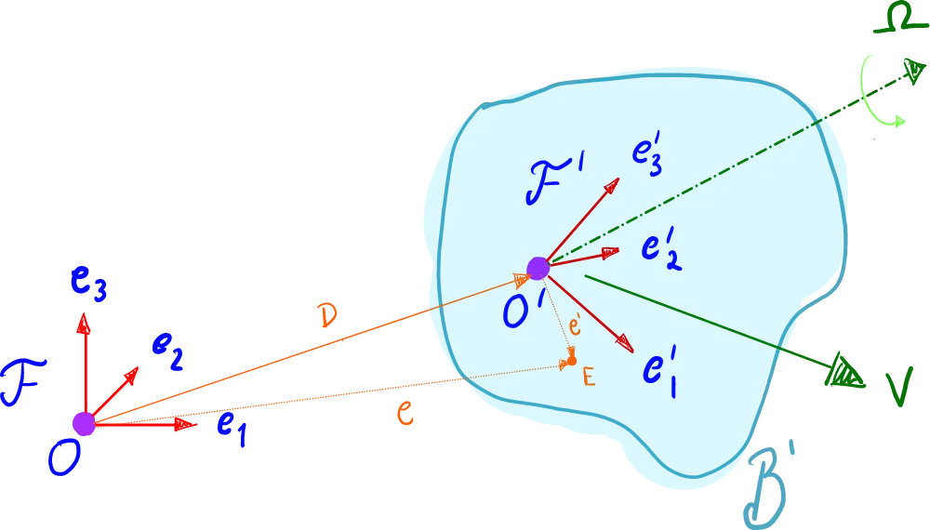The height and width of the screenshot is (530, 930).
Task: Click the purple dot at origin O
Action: tap(84, 424)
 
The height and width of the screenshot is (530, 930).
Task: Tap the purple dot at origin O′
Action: tap(538, 268)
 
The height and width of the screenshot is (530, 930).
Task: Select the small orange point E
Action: tap(572, 361)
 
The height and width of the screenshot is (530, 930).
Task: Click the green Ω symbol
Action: tap(899, 22)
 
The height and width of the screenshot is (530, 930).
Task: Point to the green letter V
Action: tap(898, 389)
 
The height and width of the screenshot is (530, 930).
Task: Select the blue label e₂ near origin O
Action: tap(167, 351)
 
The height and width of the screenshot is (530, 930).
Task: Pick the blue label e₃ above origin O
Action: tap(88, 284)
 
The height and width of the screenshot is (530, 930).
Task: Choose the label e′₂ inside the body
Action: tap(660, 249)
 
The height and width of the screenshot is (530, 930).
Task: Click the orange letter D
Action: tap(327, 315)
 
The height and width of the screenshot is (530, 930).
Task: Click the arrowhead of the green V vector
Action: tap(846, 372)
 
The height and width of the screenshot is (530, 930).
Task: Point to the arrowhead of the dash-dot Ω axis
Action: tap(914, 70)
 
